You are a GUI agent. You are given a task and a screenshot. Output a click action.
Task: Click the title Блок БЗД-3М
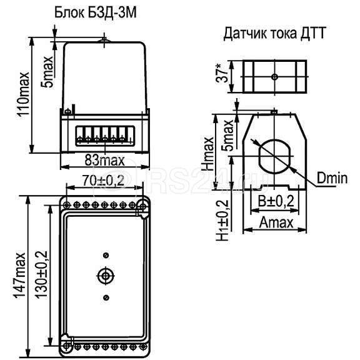tap(103, 13)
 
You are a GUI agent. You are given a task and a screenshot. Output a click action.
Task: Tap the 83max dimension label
tap(105, 160)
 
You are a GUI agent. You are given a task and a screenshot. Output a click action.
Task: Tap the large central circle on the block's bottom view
tap(105, 275)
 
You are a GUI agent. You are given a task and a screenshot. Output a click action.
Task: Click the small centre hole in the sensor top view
tap(274, 76)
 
